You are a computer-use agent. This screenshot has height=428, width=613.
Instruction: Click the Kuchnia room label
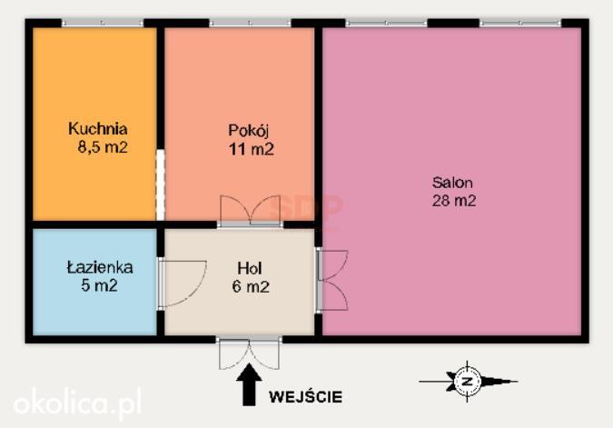(98, 129)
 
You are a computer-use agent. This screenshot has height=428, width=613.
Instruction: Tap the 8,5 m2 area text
(103, 147)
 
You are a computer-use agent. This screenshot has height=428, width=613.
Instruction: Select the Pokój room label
(249, 131)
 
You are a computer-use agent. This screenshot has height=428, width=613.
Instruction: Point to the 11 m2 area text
(251, 149)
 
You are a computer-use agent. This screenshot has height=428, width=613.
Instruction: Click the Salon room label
(452, 183)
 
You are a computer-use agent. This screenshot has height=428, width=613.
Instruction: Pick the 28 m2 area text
(454, 200)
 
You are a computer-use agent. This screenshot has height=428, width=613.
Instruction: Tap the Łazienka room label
(100, 267)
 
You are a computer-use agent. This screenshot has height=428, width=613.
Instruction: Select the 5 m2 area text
(99, 285)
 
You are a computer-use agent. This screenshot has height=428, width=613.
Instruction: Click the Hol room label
(250, 268)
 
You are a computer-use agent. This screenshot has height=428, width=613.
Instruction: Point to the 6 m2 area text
(251, 286)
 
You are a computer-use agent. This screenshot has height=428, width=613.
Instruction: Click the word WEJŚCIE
(305, 397)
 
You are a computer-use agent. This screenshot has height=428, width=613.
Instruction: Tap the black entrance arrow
(249, 384)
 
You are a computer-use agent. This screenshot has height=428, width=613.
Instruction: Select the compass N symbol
(468, 382)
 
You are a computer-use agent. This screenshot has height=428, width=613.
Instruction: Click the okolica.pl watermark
(77, 403)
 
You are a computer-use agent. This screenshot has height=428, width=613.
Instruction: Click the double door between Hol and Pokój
(251, 210)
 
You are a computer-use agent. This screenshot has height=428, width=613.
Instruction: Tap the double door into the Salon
(331, 280)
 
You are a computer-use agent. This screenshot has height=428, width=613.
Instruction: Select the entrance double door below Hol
(249, 353)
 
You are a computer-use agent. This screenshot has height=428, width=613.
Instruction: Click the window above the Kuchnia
(103, 23)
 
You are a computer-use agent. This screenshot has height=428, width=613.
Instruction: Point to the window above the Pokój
(251, 23)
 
